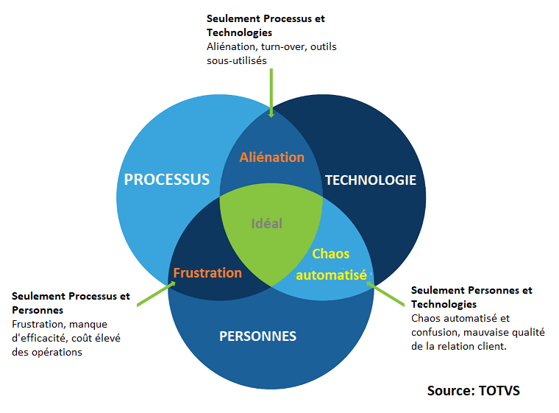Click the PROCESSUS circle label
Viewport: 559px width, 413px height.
pyautogui.click(x=167, y=180)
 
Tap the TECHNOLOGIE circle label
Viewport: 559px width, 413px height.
pyautogui.click(x=371, y=180)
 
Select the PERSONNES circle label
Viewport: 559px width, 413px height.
pyautogui.click(x=257, y=336)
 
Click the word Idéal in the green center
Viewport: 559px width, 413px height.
pyautogui.click(x=266, y=223)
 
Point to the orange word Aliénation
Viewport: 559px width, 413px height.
pyautogui.click(x=272, y=157)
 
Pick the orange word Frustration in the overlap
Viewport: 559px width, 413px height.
pyautogui.click(x=207, y=273)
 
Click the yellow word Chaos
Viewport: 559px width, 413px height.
pyautogui.click(x=331, y=254)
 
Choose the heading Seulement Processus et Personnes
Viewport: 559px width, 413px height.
pyautogui.click(x=71, y=303)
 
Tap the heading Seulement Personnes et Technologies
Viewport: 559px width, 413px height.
pyautogui.click(x=471, y=297)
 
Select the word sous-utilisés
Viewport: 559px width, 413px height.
pyautogui.click(x=237, y=60)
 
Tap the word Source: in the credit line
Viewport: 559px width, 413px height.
pyautogui.click(x=448, y=390)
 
